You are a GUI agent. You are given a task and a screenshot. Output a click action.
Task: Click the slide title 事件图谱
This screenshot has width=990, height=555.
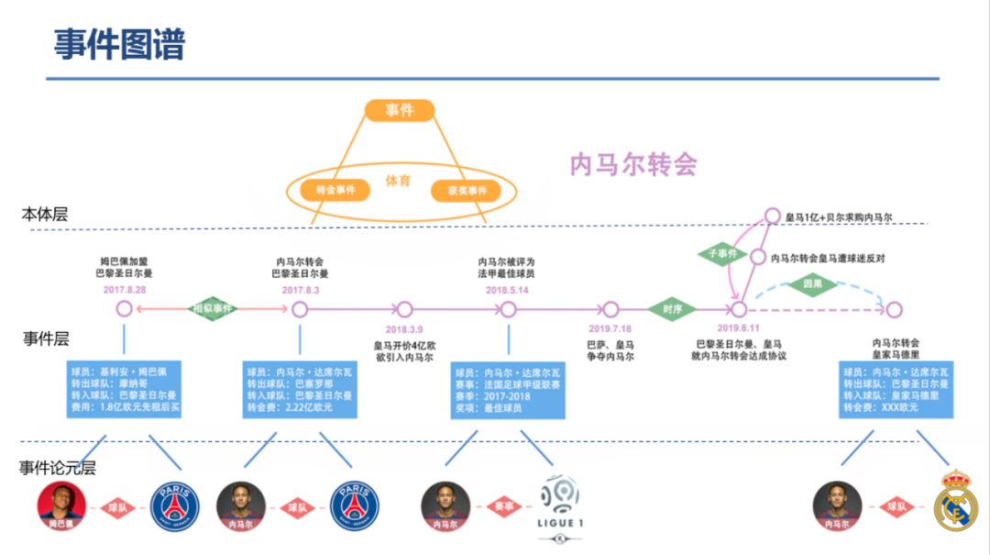119,43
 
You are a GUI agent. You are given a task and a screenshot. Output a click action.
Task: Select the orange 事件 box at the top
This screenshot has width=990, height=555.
399,110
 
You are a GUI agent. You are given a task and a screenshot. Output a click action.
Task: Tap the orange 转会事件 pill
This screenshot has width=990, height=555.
335,190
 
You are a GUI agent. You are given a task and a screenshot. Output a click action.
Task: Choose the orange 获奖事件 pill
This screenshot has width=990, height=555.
467,191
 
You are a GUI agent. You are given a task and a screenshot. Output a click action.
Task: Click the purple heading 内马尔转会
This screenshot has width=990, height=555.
633,164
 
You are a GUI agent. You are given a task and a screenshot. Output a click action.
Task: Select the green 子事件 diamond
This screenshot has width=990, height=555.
722,251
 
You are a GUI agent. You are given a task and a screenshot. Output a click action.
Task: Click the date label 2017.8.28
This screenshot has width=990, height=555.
126,290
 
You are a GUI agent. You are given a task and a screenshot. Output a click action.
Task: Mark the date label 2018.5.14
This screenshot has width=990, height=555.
507,290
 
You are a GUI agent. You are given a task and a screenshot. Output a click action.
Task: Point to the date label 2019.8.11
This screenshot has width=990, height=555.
739,327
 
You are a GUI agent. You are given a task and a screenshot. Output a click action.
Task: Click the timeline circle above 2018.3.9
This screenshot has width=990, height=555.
404,309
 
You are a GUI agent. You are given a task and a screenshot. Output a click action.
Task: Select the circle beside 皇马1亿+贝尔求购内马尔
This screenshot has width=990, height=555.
772,217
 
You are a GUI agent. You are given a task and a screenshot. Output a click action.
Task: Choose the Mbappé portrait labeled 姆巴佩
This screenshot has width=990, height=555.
61,505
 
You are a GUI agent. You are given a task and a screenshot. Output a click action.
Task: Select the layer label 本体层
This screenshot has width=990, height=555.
46,215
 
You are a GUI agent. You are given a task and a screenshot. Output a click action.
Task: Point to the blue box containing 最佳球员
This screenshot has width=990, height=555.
508,389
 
